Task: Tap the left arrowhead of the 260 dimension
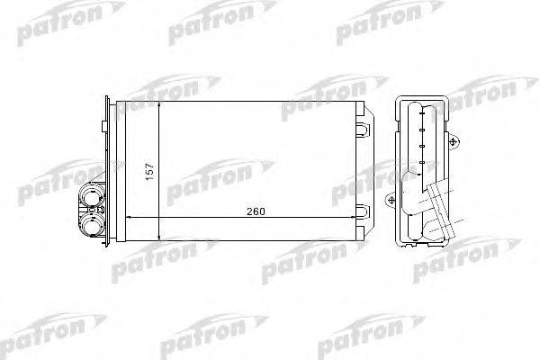click(127, 218)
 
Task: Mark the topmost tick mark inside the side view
click(422, 114)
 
